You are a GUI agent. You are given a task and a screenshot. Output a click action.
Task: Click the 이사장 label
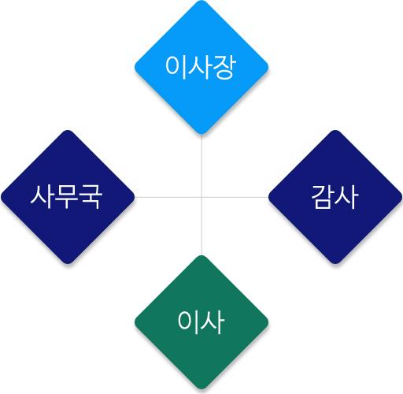tap(201, 67)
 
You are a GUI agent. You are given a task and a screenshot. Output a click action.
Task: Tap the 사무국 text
tap(66, 197)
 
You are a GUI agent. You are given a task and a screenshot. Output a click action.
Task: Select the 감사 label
tap(335, 197)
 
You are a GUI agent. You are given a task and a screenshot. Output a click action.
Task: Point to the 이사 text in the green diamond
tap(201, 322)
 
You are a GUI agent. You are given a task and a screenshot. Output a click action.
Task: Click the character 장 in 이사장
tap(224, 67)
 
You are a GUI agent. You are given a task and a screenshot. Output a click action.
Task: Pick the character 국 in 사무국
tap(91, 197)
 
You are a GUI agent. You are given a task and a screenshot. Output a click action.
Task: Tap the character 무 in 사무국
tap(66, 197)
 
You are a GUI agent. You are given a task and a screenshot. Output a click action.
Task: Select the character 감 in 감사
tap(322, 197)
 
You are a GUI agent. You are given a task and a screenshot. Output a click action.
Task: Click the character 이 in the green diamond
tap(187, 322)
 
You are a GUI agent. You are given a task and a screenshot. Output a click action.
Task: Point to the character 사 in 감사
tap(346, 197)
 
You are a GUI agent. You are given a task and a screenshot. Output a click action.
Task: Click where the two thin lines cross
tap(201, 197)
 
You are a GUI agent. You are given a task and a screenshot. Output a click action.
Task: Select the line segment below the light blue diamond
tap(201, 165)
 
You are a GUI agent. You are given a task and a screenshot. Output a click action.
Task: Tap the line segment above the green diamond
tap(201, 226)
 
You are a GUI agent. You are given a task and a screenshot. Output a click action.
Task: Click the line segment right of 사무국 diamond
tap(168, 197)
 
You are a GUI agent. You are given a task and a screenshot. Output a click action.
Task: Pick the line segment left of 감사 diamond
tap(235, 197)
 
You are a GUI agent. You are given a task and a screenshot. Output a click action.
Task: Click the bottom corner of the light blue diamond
tap(201, 134)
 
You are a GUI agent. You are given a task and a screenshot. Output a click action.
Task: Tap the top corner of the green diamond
tap(201, 256)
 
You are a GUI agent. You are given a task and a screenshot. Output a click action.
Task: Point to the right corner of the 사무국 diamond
tap(134, 197)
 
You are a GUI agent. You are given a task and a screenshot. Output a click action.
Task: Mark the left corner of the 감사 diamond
tap(268, 197)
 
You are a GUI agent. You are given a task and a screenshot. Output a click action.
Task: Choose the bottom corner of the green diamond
tap(201, 389)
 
